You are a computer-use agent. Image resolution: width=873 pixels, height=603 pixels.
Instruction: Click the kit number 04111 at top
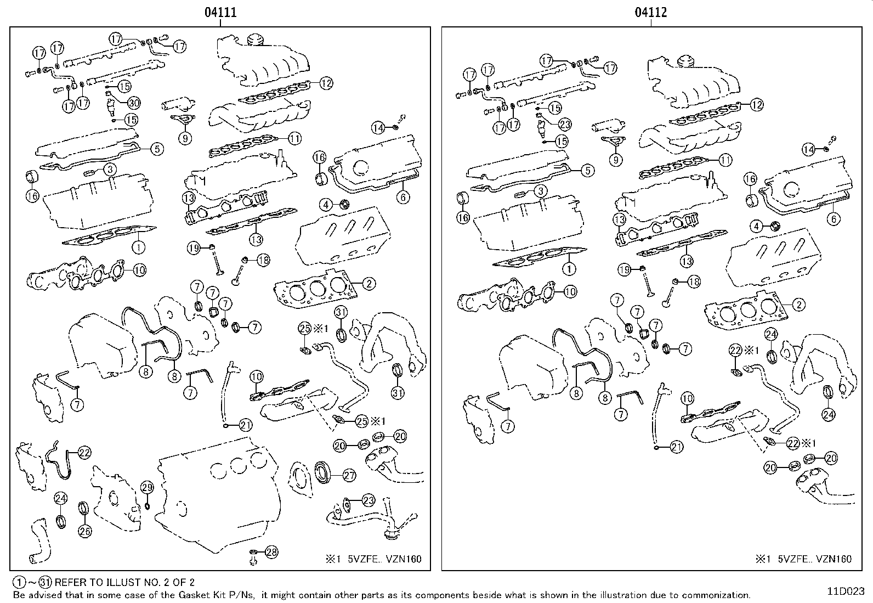(x=220, y=12)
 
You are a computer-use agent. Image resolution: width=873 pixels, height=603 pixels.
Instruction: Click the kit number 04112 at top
(x=651, y=12)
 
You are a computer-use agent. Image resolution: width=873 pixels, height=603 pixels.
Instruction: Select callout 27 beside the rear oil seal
(x=349, y=476)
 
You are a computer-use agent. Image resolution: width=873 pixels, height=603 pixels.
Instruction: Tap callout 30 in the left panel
(x=134, y=103)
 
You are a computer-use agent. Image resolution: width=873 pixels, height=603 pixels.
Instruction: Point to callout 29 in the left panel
(x=147, y=487)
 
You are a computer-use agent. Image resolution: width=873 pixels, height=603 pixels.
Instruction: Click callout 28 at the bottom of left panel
(x=271, y=552)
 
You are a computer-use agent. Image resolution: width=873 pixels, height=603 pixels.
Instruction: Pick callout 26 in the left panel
(x=85, y=531)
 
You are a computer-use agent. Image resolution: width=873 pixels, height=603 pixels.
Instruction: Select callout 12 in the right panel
(x=756, y=105)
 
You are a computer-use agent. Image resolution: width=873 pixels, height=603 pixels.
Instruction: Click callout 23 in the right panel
(x=565, y=124)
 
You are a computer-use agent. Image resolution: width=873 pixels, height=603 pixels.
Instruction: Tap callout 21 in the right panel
(x=676, y=447)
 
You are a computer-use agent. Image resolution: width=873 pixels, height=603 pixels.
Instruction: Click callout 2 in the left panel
(x=369, y=284)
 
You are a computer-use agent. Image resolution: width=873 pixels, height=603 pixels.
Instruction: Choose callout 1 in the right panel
(x=569, y=269)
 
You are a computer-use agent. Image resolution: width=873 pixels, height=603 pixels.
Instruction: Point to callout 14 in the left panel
(x=377, y=128)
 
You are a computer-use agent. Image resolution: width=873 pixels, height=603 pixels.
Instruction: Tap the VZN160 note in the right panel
(x=833, y=559)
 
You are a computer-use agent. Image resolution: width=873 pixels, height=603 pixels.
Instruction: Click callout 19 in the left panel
(x=194, y=249)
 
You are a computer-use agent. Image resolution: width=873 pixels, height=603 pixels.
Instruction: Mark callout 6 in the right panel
(x=834, y=219)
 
